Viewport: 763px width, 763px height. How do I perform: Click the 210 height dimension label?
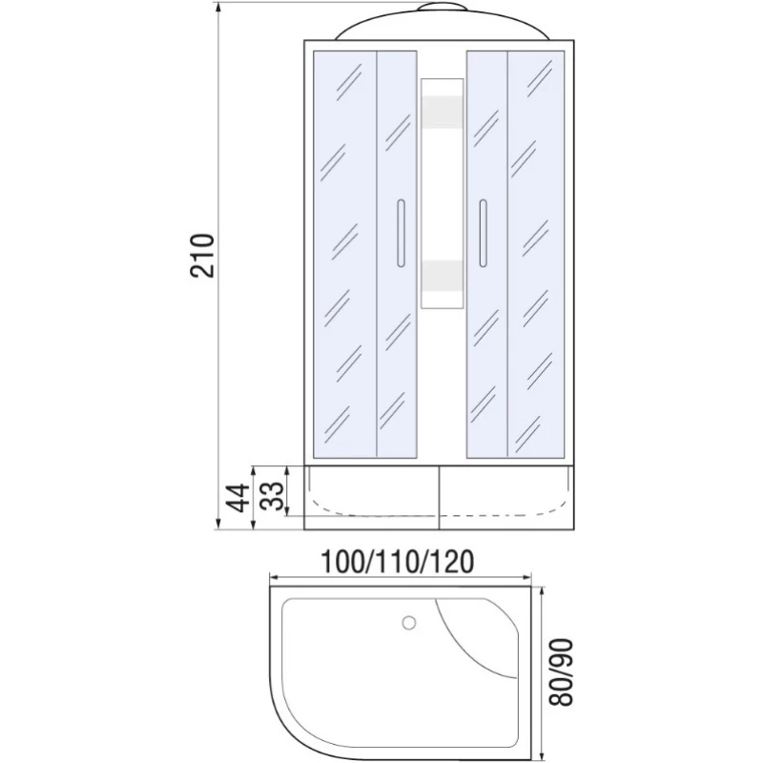click(x=202, y=255)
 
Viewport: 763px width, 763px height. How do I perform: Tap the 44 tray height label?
click(x=239, y=498)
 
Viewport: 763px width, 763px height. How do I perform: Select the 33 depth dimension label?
click(x=273, y=496)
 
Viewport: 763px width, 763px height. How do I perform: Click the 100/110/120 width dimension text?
click(x=397, y=562)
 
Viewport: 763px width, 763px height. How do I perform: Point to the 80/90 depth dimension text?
click(x=561, y=672)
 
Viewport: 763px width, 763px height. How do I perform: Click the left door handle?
click(x=401, y=233)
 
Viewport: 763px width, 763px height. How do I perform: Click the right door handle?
click(x=483, y=233)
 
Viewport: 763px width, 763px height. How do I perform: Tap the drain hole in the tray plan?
click(x=409, y=623)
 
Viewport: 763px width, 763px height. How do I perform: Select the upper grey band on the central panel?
click(x=442, y=112)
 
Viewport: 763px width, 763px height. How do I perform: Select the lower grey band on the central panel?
click(x=442, y=276)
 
